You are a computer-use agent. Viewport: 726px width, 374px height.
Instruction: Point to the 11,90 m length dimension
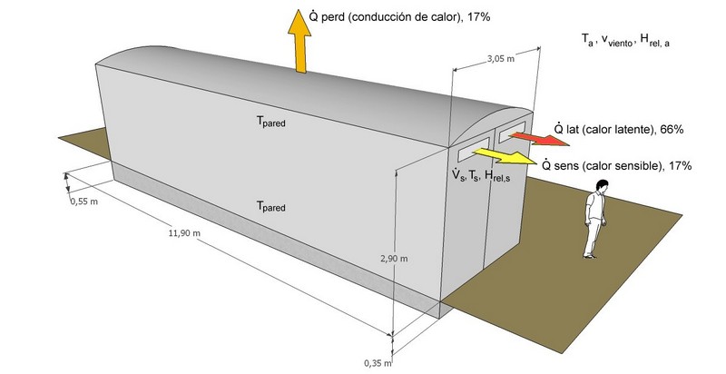click(184, 233)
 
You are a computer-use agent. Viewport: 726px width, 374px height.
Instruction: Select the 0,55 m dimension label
click(83, 202)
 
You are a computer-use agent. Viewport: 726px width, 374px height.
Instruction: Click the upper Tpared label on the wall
click(270, 121)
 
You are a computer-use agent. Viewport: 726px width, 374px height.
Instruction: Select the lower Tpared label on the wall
click(270, 208)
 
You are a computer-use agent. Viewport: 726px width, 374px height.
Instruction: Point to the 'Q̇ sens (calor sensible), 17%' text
click(616, 165)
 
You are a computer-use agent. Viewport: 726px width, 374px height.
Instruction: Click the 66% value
click(671, 130)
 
